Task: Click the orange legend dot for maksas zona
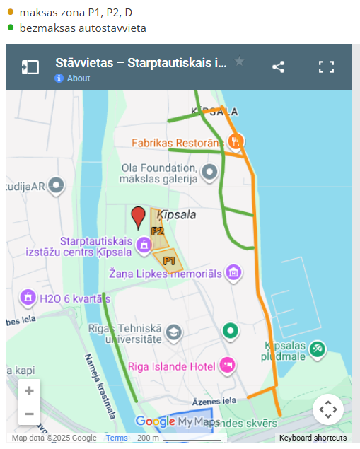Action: pyautogui.click(x=11, y=12)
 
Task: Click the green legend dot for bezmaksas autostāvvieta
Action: pyautogui.click(x=11, y=28)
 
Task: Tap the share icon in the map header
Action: pyautogui.click(x=279, y=67)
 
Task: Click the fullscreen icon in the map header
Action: pyautogui.click(x=326, y=67)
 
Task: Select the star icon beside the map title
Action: pyautogui.click(x=239, y=62)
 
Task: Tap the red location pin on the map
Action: pyautogui.click(x=139, y=216)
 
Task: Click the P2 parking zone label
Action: pyautogui.click(x=157, y=231)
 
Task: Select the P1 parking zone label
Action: pyautogui.click(x=169, y=261)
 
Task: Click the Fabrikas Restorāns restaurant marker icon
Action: pyautogui.click(x=237, y=141)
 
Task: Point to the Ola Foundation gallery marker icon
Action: pyautogui.click(x=209, y=172)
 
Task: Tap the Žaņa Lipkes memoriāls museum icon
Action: pyautogui.click(x=234, y=273)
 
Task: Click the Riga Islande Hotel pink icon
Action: pyautogui.click(x=227, y=365)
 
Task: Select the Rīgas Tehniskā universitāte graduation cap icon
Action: pyautogui.click(x=173, y=331)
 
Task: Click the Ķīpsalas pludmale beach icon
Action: pyautogui.click(x=318, y=348)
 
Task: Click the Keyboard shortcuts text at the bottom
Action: pyautogui.click(x=313, y=438)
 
